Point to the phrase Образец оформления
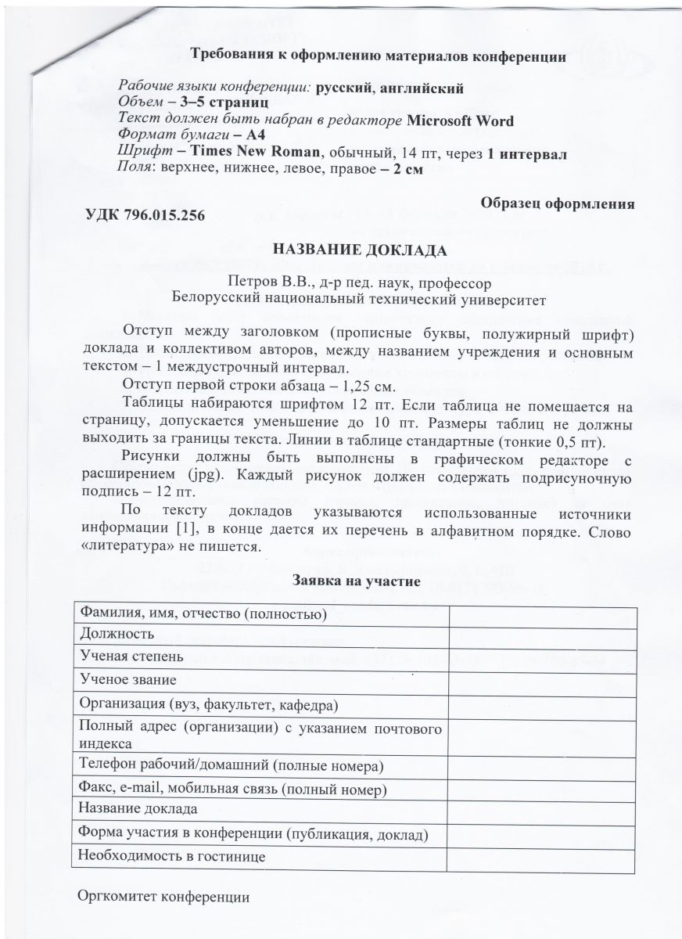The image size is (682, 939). (x=557, y=202)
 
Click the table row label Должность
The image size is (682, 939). (x=116, y=633)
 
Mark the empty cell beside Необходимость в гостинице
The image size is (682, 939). (x=540, y=857)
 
